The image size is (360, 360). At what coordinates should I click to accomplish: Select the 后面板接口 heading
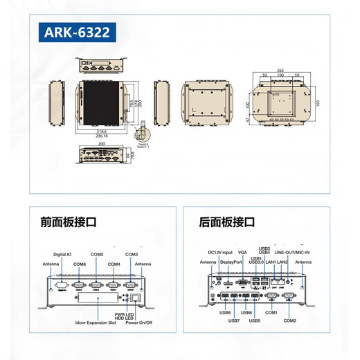click(226, 222)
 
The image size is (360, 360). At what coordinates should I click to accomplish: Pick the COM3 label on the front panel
click(132, 254)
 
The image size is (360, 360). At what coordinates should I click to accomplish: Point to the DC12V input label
click(221, 252)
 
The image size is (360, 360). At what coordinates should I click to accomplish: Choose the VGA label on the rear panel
click(242, 252)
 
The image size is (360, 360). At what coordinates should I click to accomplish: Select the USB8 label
click(225, 312)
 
